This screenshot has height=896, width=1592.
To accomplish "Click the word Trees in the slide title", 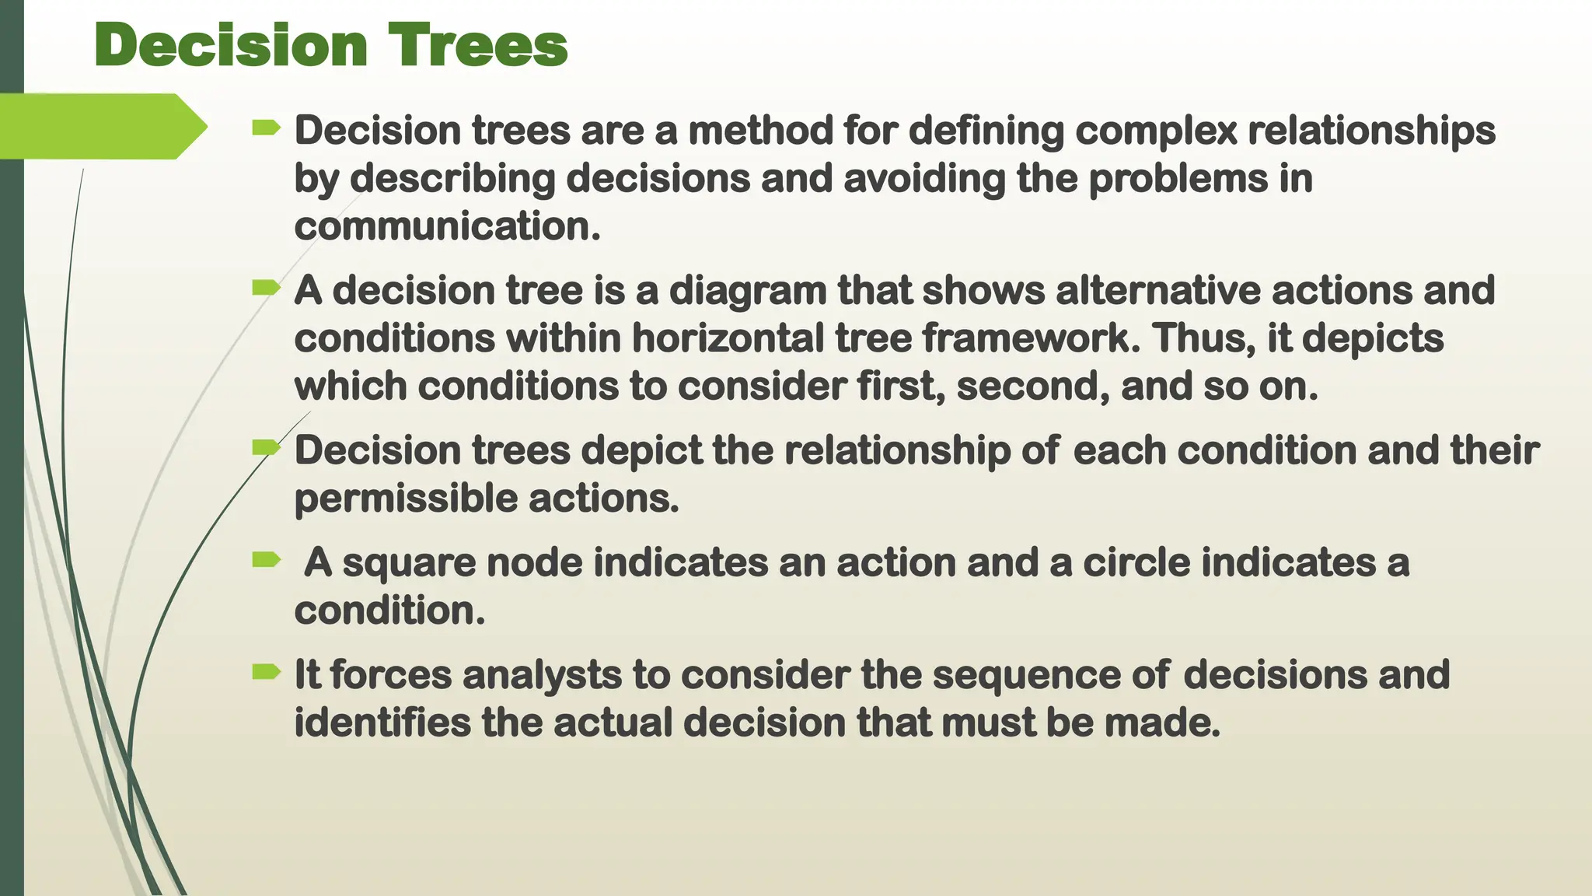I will click(x=478, y=45).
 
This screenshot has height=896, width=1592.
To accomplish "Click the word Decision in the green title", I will click(x=230, y=45).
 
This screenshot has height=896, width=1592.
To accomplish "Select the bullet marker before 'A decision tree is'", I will click(x=266, y=289).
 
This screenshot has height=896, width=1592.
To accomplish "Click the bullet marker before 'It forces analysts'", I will click(x=266, y=672).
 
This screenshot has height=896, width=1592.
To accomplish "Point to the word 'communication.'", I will click(x=447, y=226).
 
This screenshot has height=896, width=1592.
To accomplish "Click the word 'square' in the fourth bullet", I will click(x=409, y=563).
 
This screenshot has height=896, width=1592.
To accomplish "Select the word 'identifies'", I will click(x=382, y=723).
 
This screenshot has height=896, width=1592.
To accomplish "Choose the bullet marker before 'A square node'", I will click(x=266, y=559).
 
